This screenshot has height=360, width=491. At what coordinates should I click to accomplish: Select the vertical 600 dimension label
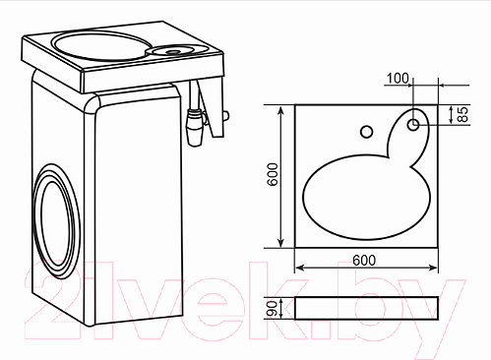coord(275,176)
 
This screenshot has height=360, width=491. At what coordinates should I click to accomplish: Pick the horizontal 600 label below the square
coord(364,260)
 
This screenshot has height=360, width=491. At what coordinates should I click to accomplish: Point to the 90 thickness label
coord(273,309)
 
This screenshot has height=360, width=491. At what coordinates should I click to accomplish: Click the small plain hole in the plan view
coord(366,131)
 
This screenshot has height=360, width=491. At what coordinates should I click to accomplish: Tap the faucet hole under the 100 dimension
coord(414,124)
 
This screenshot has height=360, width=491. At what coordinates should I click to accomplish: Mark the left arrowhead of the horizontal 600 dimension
coord(299,267)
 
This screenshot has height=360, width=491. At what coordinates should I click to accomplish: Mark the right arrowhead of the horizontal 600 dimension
coord(434,267)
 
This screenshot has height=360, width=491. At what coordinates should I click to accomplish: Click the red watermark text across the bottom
coord(246,305)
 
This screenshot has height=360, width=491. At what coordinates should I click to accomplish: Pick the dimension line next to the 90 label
coord(284,309)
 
